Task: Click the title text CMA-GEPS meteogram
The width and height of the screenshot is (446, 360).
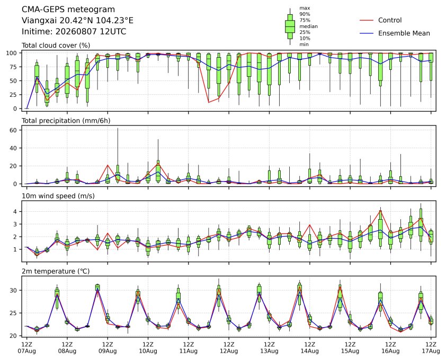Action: [68, 10]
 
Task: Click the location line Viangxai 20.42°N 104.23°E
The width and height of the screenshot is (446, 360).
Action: [77, 21]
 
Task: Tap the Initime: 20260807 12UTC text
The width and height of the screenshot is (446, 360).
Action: [74, 31]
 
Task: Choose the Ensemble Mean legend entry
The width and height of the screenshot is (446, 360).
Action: [395, 33]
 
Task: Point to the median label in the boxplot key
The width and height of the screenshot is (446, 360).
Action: [308, 26]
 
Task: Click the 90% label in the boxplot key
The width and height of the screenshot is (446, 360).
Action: [305, 14]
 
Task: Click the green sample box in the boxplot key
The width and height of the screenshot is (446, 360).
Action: [290, 26]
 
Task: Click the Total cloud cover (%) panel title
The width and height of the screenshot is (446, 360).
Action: [56, 46]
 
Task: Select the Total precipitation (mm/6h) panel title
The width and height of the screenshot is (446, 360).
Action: [66, 121]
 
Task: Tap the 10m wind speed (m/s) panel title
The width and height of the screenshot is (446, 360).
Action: [58, 196]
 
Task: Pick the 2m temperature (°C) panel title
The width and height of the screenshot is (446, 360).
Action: [56, 271]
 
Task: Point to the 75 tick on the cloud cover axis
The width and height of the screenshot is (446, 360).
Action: [13, 67]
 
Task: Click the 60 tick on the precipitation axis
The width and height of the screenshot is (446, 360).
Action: [13, 130]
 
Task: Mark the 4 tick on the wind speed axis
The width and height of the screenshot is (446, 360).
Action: [15, 212]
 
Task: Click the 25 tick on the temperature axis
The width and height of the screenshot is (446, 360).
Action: [13, 313]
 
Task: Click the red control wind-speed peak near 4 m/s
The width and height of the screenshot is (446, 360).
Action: [380, 211]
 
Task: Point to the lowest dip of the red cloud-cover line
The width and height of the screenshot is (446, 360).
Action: [209, 102]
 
